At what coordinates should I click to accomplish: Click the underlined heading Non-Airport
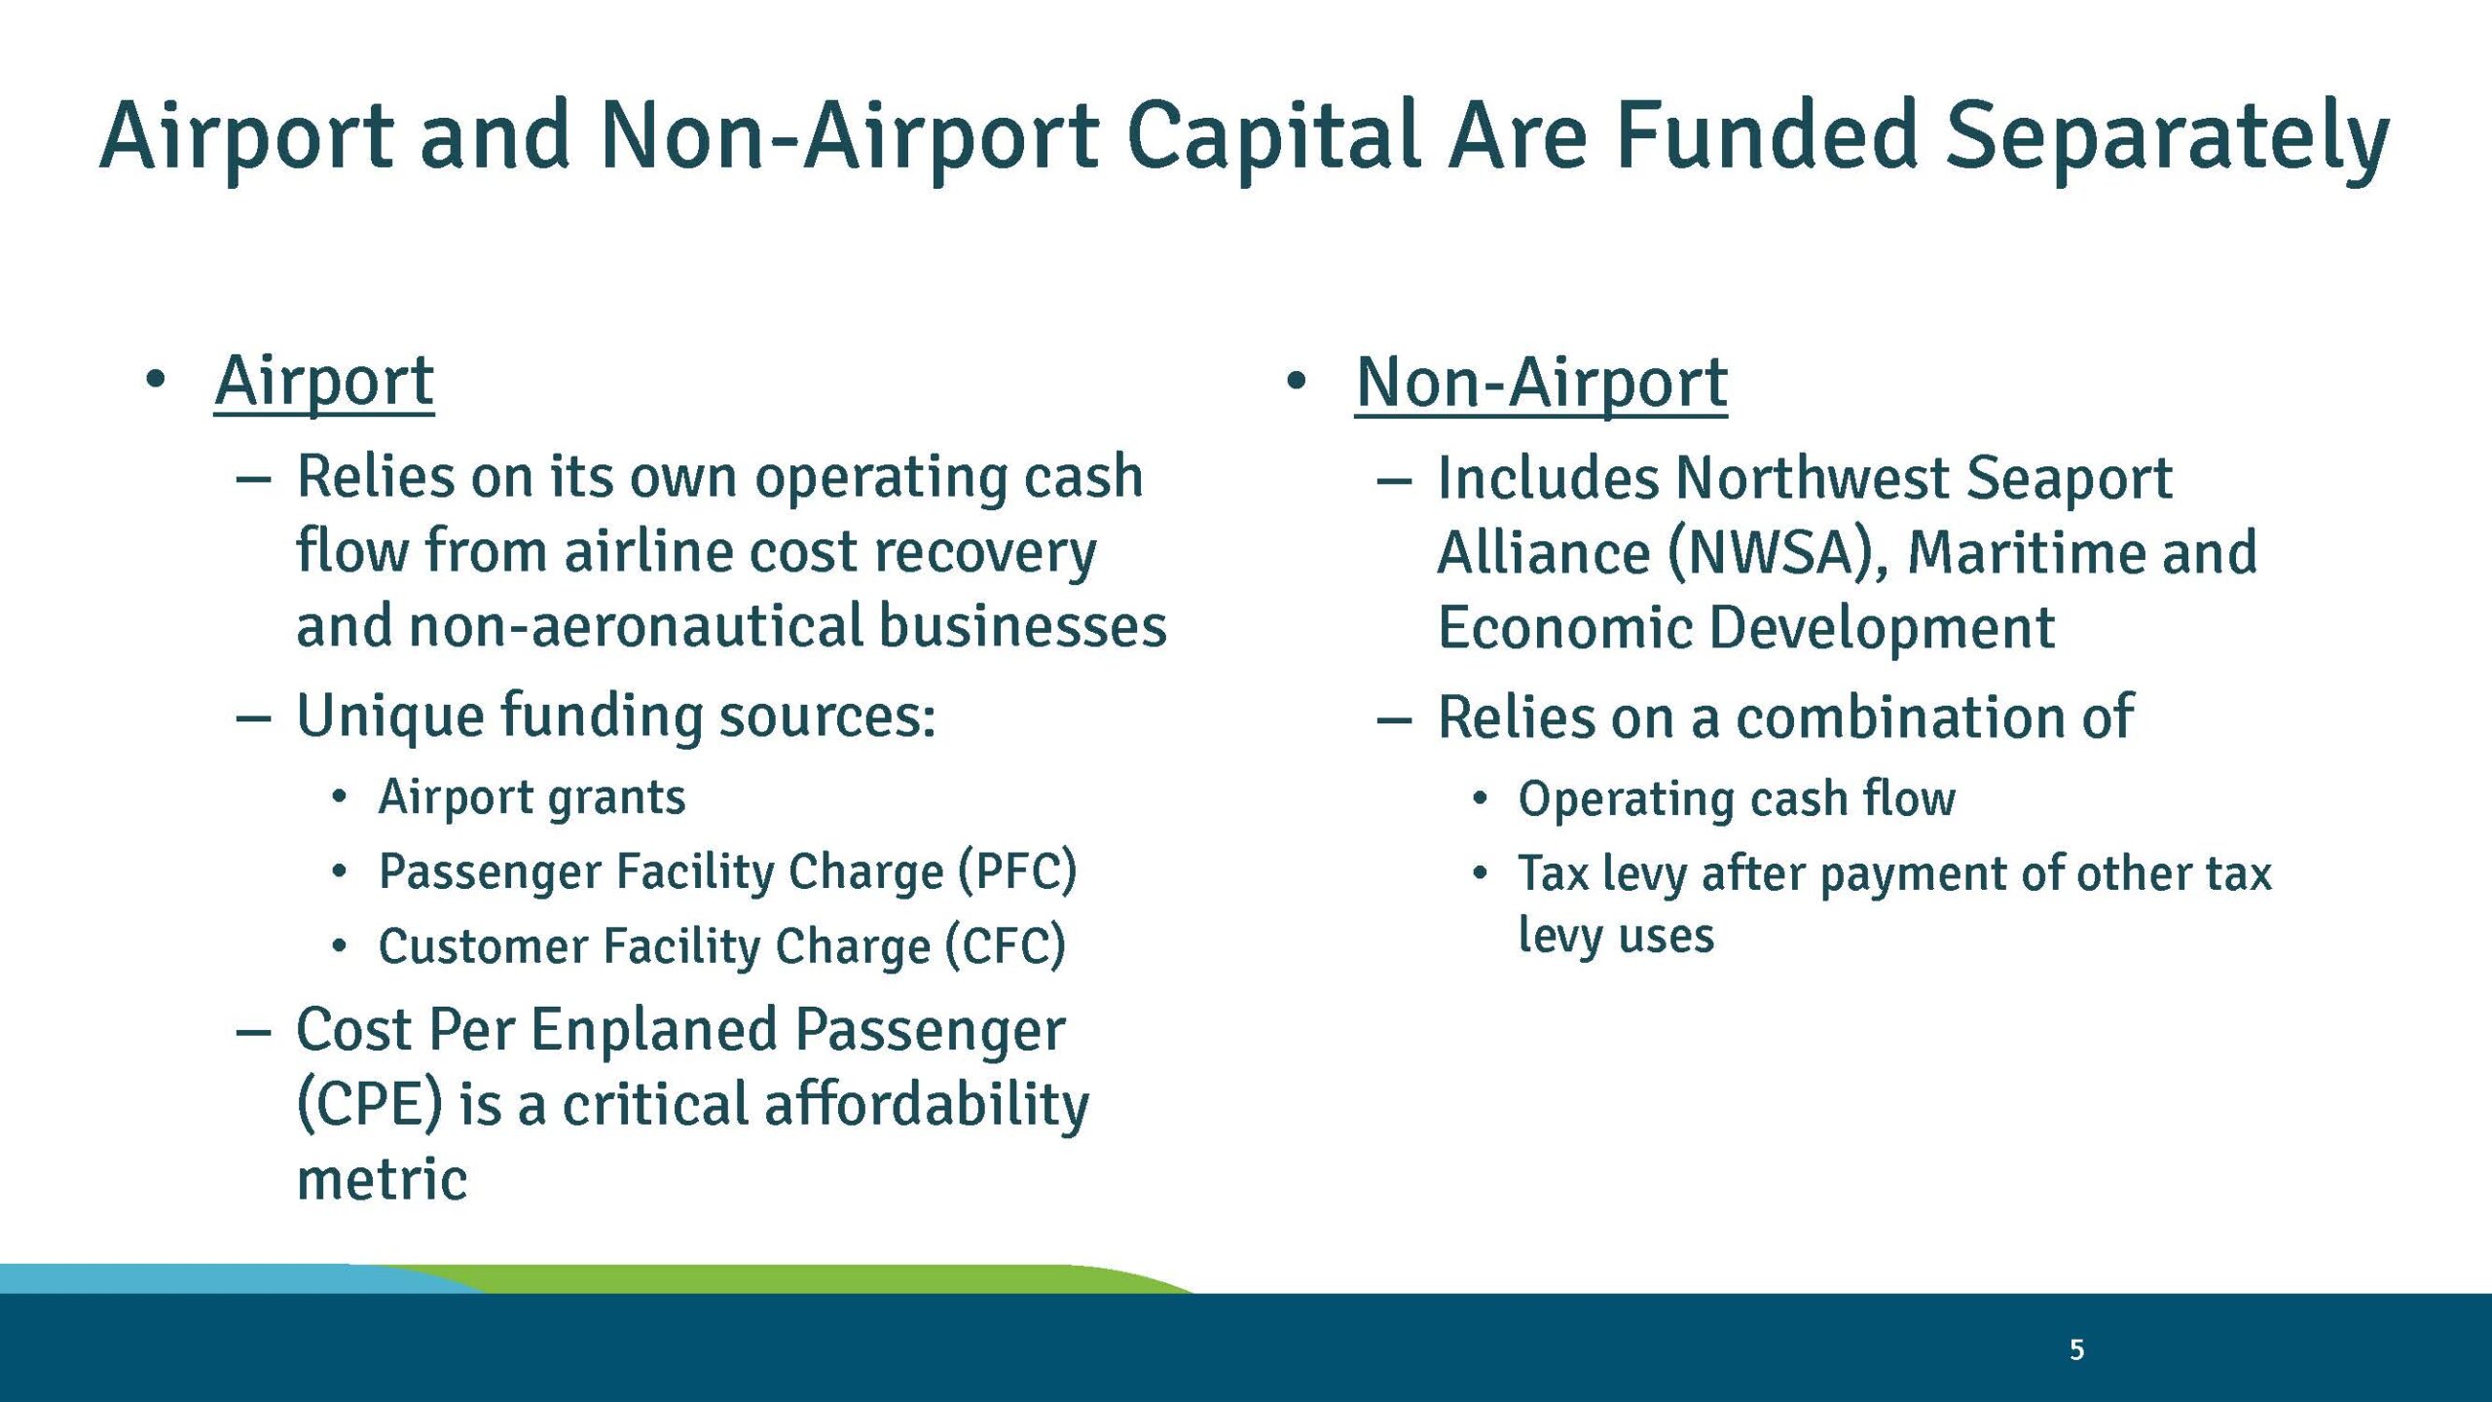coord(1541,383)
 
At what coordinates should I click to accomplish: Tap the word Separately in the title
coord(2167,136)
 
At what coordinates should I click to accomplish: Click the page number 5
coord(2076,1350)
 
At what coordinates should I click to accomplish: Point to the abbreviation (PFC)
coord(1017,870)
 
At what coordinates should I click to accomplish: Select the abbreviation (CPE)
coord(369,1105)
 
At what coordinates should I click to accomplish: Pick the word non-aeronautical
coord(637,626)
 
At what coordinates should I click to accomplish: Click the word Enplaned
coord(653,1030)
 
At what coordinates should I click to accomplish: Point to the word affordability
coord(926,1105)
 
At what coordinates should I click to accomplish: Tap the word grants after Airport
coord(616,797)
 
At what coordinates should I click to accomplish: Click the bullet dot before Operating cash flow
coord(1480,799)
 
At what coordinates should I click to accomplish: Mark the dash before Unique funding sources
coord(253,719)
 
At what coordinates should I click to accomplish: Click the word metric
coord(382,1180)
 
